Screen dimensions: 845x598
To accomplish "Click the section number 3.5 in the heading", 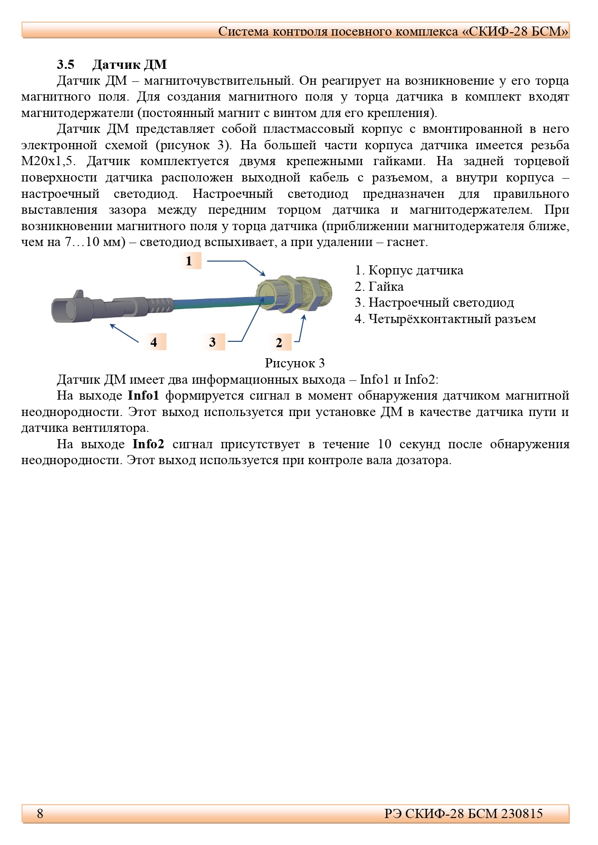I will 66,65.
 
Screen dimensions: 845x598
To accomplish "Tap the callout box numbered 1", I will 189,261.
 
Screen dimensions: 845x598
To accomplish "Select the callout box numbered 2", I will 279,342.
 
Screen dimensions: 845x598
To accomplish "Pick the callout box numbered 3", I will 213,342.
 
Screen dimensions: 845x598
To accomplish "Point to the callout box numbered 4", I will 154,342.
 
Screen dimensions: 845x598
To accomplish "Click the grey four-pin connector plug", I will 82,308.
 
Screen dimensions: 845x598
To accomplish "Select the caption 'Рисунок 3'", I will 294,363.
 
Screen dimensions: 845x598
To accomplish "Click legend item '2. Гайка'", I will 379,286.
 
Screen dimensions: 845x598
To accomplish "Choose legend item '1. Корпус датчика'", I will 409,270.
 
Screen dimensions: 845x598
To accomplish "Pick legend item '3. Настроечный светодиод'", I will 434,302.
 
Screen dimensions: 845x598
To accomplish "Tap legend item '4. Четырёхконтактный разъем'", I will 445,319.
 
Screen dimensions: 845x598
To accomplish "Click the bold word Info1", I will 143,395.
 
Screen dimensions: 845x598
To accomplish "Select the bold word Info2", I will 148,444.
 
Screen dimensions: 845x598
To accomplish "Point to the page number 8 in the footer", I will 40,813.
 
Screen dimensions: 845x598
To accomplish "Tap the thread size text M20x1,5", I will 48,161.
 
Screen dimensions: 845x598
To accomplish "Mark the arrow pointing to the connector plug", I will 124,333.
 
